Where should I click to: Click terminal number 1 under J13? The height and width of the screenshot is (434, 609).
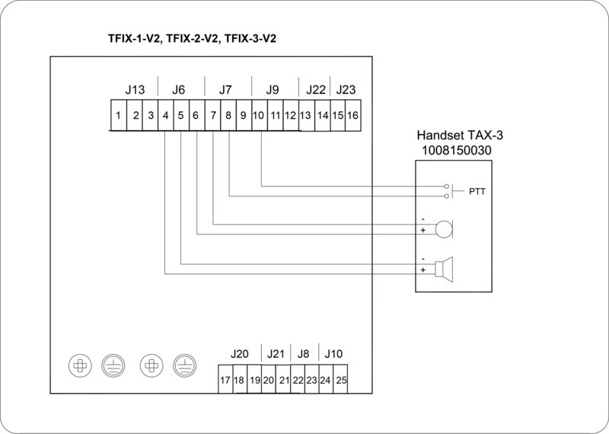click(x=118, y=116)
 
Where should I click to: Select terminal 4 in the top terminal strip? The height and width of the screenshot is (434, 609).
click(x=165, y=116)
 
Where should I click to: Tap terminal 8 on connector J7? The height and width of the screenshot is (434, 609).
click(x=228, y=116)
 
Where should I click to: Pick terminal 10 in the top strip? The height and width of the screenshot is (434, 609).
click(x=259, y=116)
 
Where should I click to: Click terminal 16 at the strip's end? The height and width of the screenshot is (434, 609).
click(x=352, y=116)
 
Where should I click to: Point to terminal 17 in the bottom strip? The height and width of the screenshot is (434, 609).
click(x=225, y=379)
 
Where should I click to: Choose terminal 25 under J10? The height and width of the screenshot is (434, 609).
click(x=340, y=379)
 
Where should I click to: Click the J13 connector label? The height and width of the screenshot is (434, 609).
click(x=134, y=90)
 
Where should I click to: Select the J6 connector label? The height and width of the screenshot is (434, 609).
click(x=178, y=90)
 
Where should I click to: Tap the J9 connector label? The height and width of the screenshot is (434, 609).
click(x=273, y=90)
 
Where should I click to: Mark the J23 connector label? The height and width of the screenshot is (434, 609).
click(x=346, y=90)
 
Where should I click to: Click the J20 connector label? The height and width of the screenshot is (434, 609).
click(x=239, y=354)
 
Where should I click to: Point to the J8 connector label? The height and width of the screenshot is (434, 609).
click(x=304, y=354)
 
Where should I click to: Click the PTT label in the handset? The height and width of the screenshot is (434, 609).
click(x=477, y=191)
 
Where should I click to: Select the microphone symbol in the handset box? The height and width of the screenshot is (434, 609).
click(x=443, y=228)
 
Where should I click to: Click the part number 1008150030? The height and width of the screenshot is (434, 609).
click(x=457, y=151)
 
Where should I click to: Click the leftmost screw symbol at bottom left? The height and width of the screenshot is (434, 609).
click(x=79, y=366)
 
